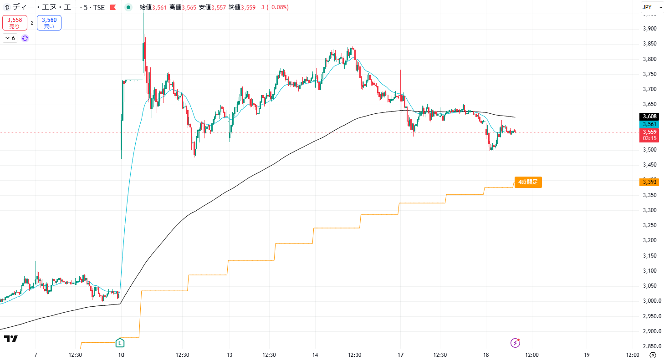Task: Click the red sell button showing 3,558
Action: [15, 23]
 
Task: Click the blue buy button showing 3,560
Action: [49, 23]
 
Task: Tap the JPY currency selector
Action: [647, 7]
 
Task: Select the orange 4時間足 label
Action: [528, 182]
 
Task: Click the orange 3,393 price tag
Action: [649, 182]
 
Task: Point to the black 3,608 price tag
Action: [649, 117]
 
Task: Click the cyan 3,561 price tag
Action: [649, 124]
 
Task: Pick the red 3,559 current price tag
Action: [649, 132]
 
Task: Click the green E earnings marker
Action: [120, 342]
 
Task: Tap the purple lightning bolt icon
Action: [515, 342]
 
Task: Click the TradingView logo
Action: [11, 339]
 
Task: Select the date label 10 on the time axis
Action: [121, 355]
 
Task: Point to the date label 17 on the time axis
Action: [401, 355]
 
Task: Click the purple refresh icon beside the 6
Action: [25, 38]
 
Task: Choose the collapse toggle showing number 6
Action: [10, 38]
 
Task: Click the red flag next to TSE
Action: [112, 7]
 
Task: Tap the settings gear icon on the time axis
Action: [653, 355]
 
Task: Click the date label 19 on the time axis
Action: [587, 355]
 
